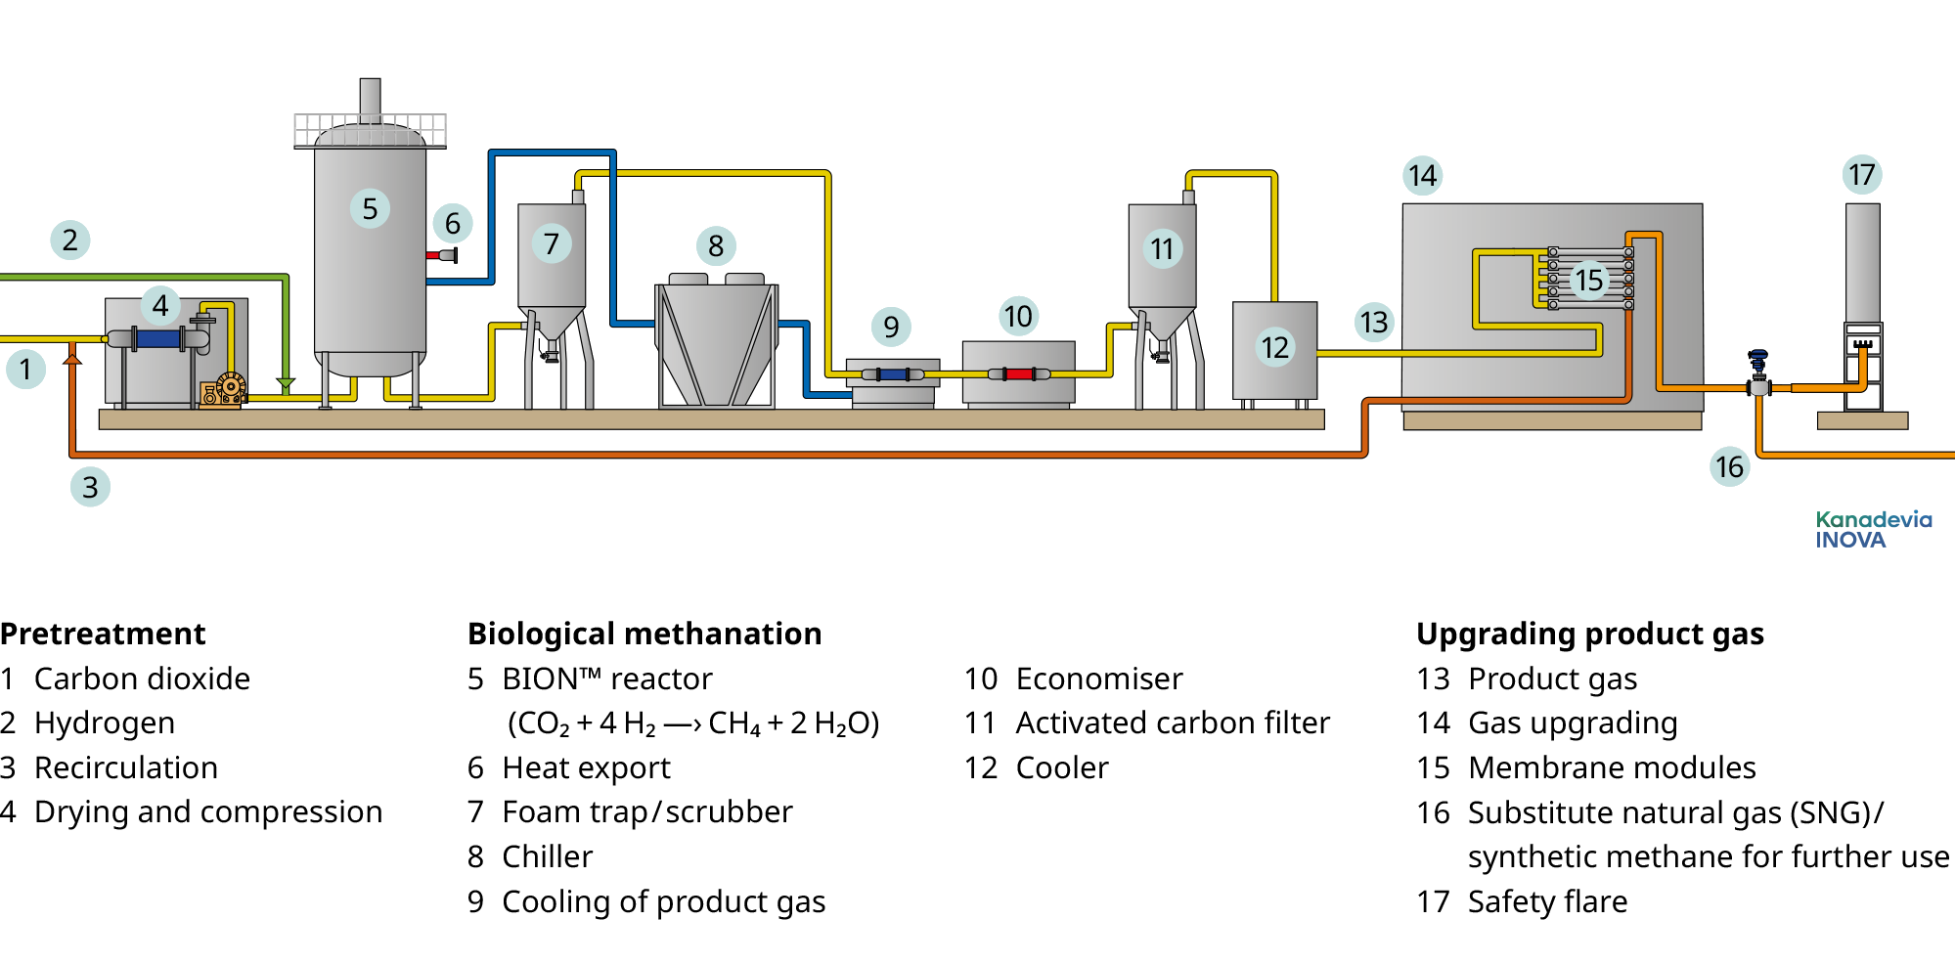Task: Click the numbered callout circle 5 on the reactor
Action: [x=370, y=208]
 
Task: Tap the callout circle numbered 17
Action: [x=1861, y=175]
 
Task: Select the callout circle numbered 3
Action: [x=90, y=486]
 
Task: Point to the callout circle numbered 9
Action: [x=891, y=327]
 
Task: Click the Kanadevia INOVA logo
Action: [x=1873, y=530]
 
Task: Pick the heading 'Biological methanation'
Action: [x=644, y=634]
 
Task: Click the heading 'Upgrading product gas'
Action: [x=1589, y=634]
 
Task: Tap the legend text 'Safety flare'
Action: [x=1547, y=901]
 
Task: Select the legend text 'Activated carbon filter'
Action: [x=1173, y=723]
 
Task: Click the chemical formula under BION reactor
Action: [x=693, y=723]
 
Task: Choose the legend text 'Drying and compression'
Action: [x=208, y=811]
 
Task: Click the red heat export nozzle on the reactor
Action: [x=433, y=255]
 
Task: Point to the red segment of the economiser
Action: [x=1019, y=373]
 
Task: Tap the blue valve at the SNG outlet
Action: [x=1758, y=358]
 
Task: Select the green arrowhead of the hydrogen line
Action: [x=286, y=384]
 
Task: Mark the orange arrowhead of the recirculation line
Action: [x=72, y=359]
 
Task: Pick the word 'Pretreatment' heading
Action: [x=103, y=634]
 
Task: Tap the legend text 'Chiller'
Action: [x=547, y=856]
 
